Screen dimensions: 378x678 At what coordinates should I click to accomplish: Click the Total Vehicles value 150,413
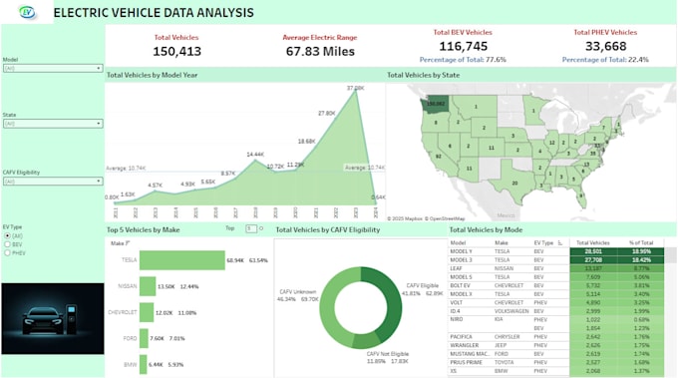click(176, 51)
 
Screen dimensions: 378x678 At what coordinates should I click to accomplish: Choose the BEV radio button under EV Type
click(7, 243)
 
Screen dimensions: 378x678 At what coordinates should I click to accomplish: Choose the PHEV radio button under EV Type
click(7, 252)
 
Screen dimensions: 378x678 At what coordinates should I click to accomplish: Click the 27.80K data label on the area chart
click(326, 113)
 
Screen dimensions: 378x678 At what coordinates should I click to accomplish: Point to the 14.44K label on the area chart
click(254, 155)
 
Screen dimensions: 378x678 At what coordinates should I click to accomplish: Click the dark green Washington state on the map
click(435, 103)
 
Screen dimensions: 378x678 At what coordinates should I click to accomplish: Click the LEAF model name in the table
click(459, 267)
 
